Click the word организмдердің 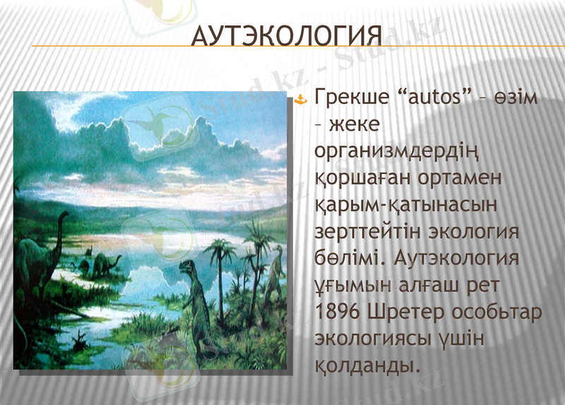click(x=385, y=151)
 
